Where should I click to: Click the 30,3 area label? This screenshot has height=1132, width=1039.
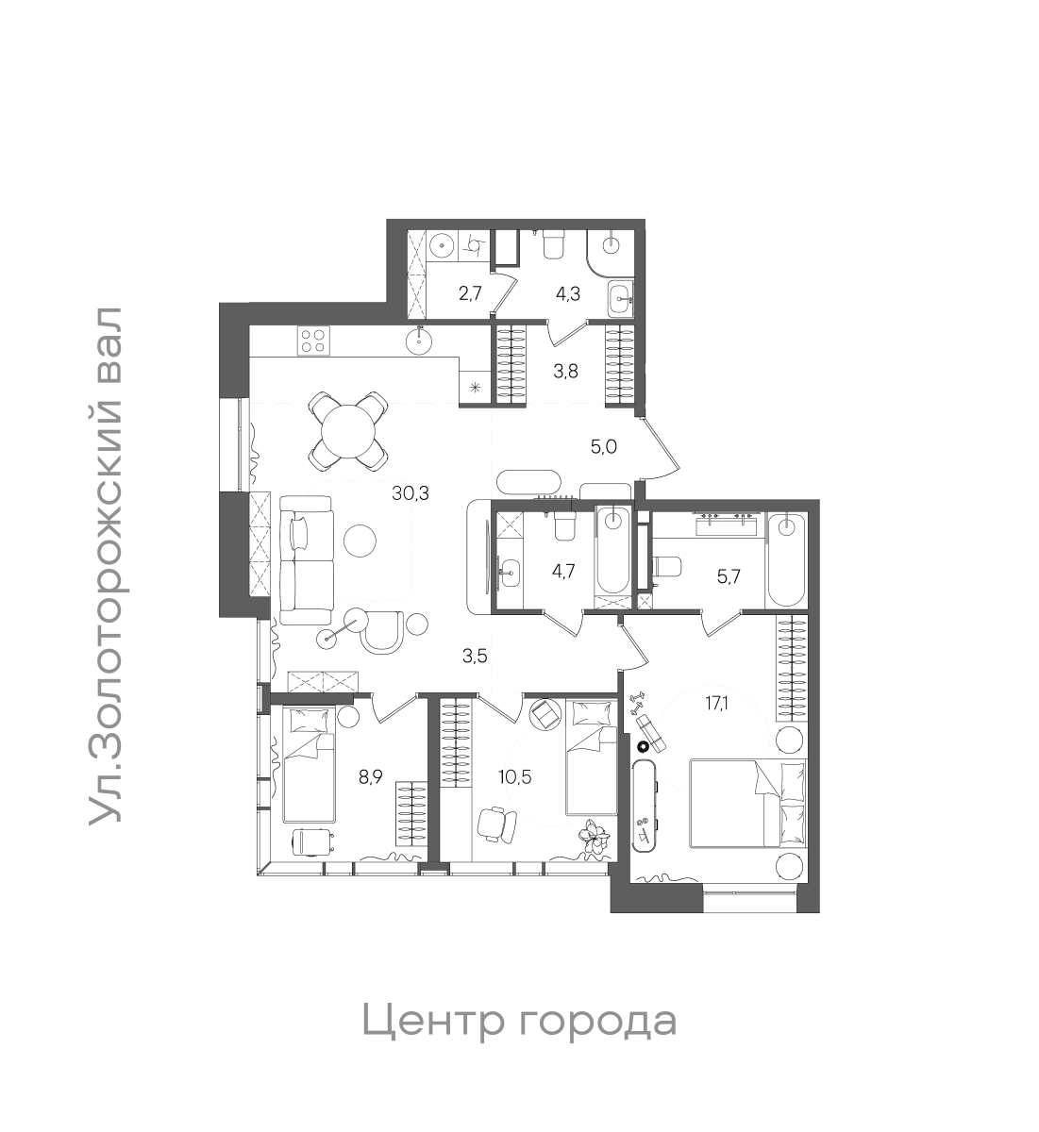click(411, 491)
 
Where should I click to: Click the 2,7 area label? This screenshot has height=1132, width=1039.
click(469, 292)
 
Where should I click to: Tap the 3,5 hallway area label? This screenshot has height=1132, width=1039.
click(475, 657)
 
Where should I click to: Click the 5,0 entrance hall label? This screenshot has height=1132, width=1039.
click(603, 447)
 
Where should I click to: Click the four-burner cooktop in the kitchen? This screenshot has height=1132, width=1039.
click(312, 340)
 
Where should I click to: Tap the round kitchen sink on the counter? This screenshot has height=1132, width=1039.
click(420, 340)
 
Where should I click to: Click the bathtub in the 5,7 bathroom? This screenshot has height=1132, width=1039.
click(785, 562)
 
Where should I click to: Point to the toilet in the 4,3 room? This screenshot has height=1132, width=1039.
click(554, 244)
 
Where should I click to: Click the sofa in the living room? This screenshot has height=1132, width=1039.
click(307, 561)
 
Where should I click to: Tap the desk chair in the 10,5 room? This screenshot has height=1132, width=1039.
click(497, 824)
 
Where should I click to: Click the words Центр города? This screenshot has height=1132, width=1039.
click(519, 1021)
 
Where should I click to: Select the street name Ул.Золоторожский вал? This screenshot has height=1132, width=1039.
click(106, 566)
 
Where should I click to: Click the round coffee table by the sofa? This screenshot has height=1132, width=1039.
click(360, 541)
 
